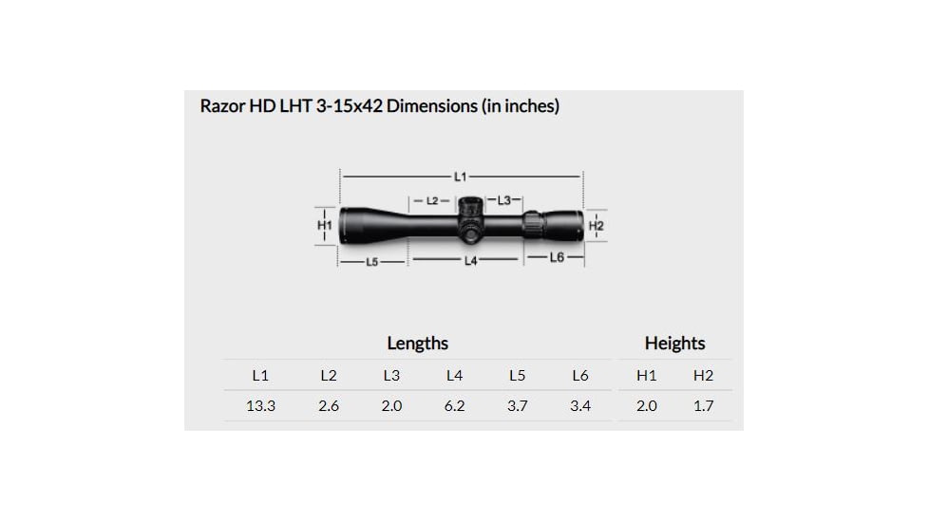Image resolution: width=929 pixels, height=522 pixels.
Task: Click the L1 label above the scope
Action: [x=460, y=177]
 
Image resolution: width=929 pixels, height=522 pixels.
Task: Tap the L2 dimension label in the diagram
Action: [x=432, y=201]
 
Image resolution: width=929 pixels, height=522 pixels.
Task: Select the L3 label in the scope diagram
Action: [x=504, y=200]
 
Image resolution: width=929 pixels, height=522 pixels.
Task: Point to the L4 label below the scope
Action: [x=470, y=260]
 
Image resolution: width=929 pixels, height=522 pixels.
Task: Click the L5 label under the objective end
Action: [x=372, y=261]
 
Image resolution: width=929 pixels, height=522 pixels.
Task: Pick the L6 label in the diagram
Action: [x=558, y=258]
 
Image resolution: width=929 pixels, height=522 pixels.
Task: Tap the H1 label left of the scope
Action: [x=324, y=225]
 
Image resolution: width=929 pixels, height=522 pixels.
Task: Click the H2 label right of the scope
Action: [x=597, y=226]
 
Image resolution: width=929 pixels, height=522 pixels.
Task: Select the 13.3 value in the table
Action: [x=260, y=406]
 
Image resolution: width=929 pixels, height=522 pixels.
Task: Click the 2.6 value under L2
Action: [x=329, y=406]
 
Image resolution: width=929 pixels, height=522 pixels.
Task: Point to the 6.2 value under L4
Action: [x=454, y=406]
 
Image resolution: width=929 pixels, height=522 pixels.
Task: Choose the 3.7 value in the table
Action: [x=517, y=406]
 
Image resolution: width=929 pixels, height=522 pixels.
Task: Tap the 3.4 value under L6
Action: [x=579, y=406]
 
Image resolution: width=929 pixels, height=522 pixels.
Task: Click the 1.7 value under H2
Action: [x=703, y=406]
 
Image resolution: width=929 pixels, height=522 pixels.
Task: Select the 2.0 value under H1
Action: [x=646, y=406]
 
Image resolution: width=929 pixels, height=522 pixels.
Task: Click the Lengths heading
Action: [x=417, y=344]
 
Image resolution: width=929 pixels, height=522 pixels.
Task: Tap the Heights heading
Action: [x=674, y=344]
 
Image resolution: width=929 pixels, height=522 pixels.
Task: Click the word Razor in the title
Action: [x=221, y=105]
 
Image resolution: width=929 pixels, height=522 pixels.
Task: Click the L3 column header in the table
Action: [x=391, y=375]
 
